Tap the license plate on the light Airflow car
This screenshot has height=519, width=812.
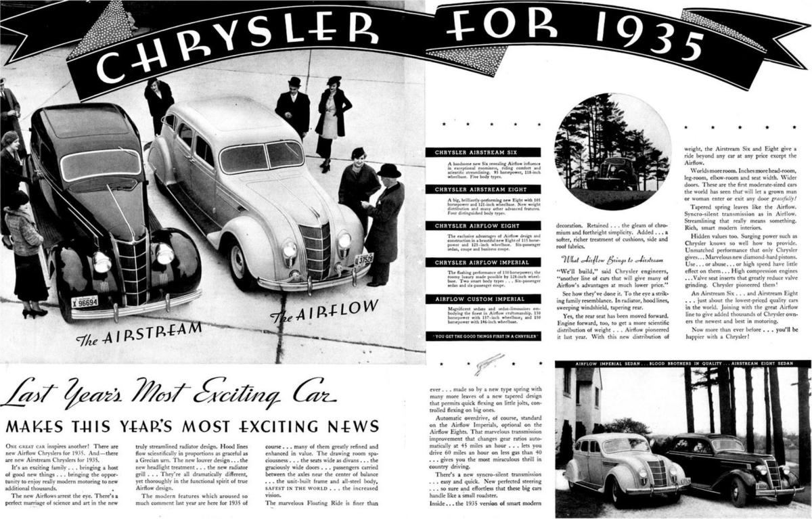[x=363, y=259]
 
